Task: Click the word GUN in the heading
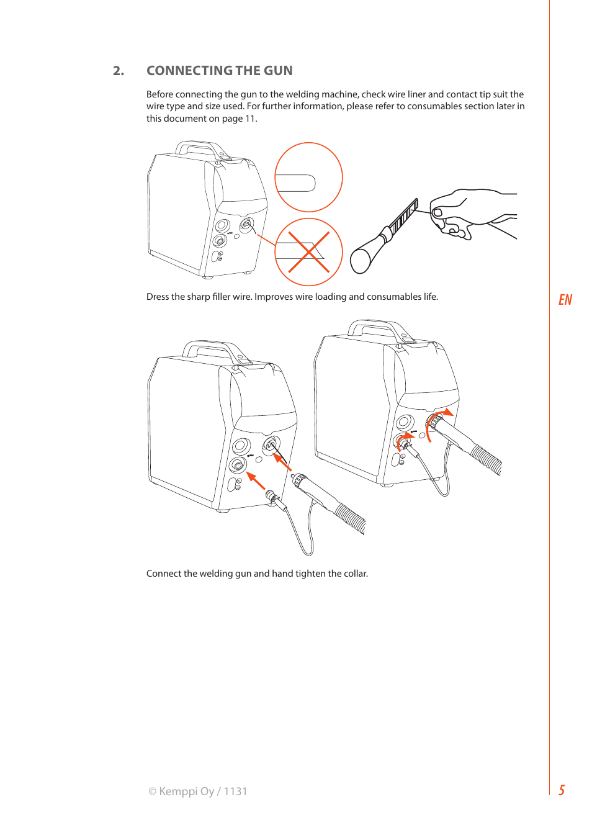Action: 278,71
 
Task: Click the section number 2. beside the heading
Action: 119,71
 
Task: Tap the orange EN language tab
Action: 565,300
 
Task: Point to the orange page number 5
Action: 562,790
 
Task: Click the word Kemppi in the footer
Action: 177,791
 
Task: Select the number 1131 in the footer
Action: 235,791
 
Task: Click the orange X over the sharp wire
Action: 308,252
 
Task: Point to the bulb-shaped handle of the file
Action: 364,256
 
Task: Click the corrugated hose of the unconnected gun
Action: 351,517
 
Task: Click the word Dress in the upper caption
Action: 158,297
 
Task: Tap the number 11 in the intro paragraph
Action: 250,119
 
